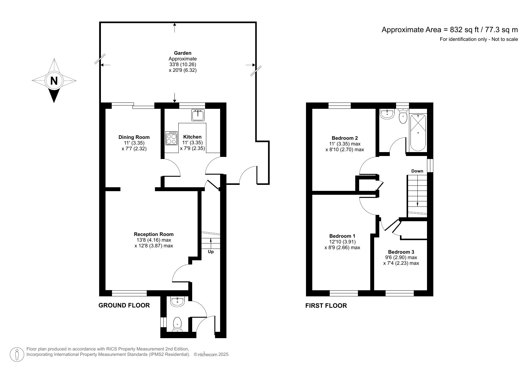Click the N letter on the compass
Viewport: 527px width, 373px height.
pyautogui.click(x=54, y=81)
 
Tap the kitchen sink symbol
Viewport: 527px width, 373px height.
pyautogui.click(x=198, y=115)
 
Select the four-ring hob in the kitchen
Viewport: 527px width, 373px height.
pyautogui.click(x=171, y=138)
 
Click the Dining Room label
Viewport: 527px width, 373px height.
pyautogui.click(x=134, y=137)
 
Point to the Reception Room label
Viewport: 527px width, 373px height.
pyautogui.click(x=153, y=234)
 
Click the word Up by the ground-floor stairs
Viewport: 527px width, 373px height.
pyautogui.click(x=211, y=252)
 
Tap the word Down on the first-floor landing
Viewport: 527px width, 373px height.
pyautogui.click(x=417, y=171)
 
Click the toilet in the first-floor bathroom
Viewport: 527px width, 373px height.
pyautogui.click(x=403, y=117)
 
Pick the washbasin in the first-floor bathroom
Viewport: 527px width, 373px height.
pyautogui.click(x=387, y=114)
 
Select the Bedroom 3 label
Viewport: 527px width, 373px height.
pyautogui.click(x=401, y=252)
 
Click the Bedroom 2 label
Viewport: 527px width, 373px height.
pyautogui.click(x=344, y=138)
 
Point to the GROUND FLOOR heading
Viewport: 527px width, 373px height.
pyautogui.click(x=124, y=305)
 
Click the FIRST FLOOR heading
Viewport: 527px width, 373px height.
pyautogui.click(x=326, y=306)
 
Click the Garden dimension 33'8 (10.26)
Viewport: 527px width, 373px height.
pyautogui.click(x=183, y=64)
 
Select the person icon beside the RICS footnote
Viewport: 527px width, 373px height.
pyautogui.click(x=17, y=354)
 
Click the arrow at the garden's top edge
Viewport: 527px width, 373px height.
pyautogui.click(x=175, y=27)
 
